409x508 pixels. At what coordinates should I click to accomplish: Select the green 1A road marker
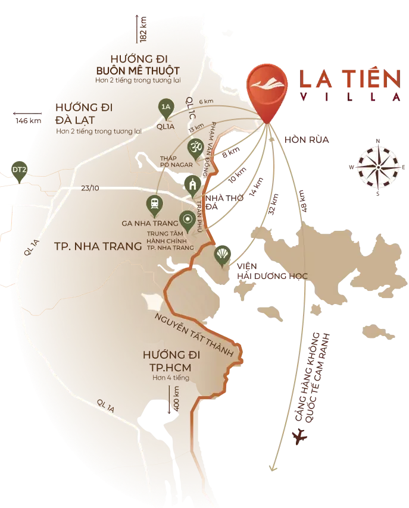tap(166, 107)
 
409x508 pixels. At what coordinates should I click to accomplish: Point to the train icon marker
tap(154, 204)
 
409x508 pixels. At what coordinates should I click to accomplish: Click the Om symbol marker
tap(195, 146)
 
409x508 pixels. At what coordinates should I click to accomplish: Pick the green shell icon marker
tap(223, 255)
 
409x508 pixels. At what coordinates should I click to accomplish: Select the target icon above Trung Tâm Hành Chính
tap(188, 219)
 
